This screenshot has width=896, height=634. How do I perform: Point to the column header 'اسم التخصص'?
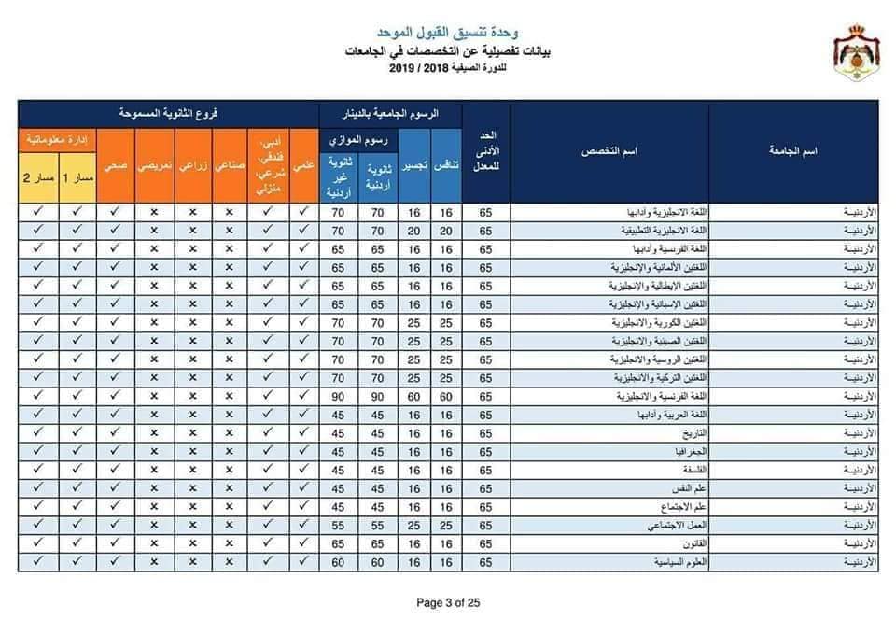(x=609, y=151)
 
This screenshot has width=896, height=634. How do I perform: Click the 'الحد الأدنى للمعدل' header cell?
(x=486, y=151)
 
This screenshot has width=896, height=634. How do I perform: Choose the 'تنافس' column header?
(x=447, y=165)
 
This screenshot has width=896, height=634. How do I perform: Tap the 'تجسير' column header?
(x=412, y=165)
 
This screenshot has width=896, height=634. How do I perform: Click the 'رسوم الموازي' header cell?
(x=358, y=139)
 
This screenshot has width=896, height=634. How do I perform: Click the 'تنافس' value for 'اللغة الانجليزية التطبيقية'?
(x=447, y=230)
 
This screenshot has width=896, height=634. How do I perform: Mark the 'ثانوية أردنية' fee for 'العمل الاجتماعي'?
(x=377, y=525)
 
